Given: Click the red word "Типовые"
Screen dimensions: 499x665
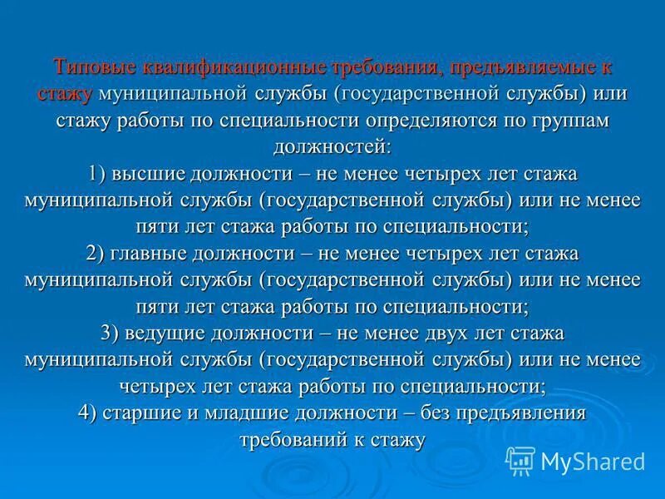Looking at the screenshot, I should coord(86,67).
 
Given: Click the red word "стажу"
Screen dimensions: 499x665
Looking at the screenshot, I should coord(65,94).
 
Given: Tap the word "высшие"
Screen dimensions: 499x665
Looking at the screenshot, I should coord(159,174).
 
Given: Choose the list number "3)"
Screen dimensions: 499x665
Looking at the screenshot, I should coord(111,333).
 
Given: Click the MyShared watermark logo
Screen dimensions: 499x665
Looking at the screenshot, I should coord(575,460).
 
